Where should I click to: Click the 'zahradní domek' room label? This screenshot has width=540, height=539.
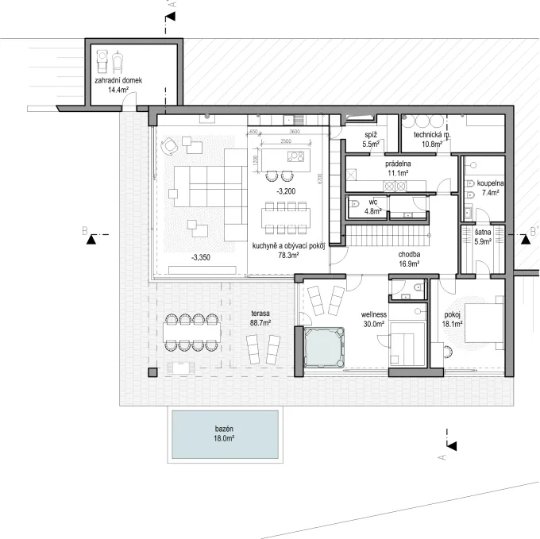coord(118,80)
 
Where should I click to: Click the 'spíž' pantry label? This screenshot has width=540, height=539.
coord(370,135)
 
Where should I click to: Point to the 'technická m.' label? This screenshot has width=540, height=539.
coord(426,135)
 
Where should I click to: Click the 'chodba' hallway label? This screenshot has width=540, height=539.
coord(411,254)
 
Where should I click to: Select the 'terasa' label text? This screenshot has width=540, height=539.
coord(258,314)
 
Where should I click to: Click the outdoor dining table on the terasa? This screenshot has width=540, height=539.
coord(192,332)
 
